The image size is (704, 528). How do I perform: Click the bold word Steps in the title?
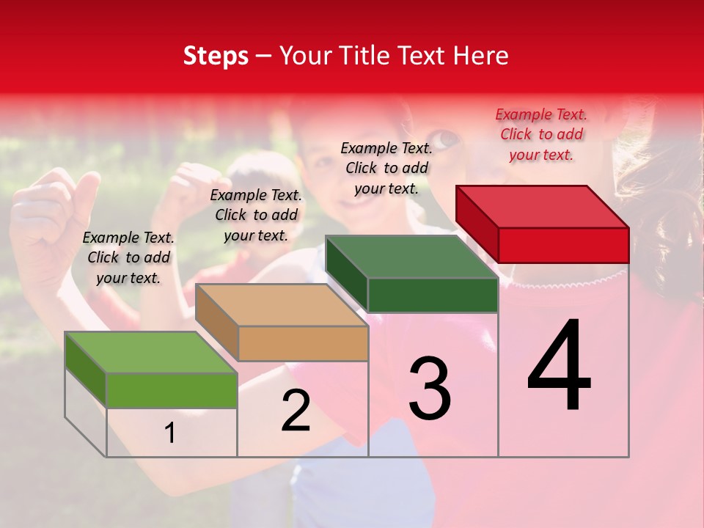[x=216, y=56]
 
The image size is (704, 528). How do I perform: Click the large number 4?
[x=559, y=367]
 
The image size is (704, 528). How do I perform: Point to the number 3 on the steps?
[x=429, y=388]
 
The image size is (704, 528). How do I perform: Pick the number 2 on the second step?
[x=296, y=411]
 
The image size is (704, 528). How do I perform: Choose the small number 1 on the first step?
[x=169, y=433]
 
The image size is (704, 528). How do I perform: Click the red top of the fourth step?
[x=543, y=206]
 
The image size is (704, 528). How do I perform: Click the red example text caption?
[x=541, y=134]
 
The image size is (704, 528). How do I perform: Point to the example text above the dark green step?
[x=386, y=168]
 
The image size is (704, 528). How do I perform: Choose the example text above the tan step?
[x=256, y=215]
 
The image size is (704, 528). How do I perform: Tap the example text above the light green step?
[x=128, y=257]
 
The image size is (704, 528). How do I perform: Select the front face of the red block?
[x=563, y=245]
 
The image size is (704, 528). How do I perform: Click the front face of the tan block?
[x=303, y=343]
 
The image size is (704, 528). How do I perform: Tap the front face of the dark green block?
[x=433, y=295]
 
